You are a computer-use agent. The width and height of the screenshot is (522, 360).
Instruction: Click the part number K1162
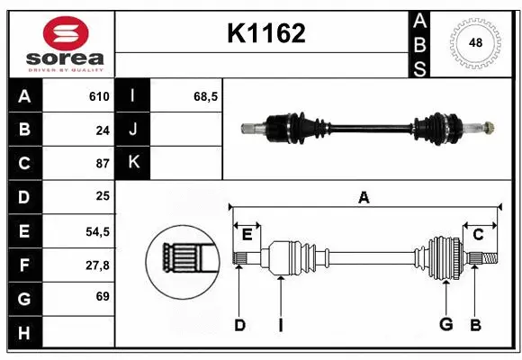tap(265, 34)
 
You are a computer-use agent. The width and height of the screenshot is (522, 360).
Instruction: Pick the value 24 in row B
tap(103, 130)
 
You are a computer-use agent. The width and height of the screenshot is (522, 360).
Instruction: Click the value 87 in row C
tap(103, 164)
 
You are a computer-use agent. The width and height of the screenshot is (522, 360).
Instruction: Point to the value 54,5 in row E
tap(97, 231)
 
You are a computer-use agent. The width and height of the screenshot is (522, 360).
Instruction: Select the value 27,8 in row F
tap(97, 265)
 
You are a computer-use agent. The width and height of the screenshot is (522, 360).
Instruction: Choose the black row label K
tap(133, 163)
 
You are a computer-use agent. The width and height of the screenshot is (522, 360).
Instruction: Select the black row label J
tap(133, 130)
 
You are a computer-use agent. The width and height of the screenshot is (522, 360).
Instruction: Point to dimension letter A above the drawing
tap(364, 197)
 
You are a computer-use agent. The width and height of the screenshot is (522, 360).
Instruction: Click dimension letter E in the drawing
tap(247, 234)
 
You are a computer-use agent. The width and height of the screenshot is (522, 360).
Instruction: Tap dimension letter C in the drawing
tap(478, 234)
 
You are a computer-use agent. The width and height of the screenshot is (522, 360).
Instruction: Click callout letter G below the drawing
tap(445, 325)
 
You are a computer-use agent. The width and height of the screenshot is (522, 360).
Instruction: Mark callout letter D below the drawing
tap(239, 325)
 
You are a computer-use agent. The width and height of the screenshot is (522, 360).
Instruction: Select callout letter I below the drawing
tap(280, 325)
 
